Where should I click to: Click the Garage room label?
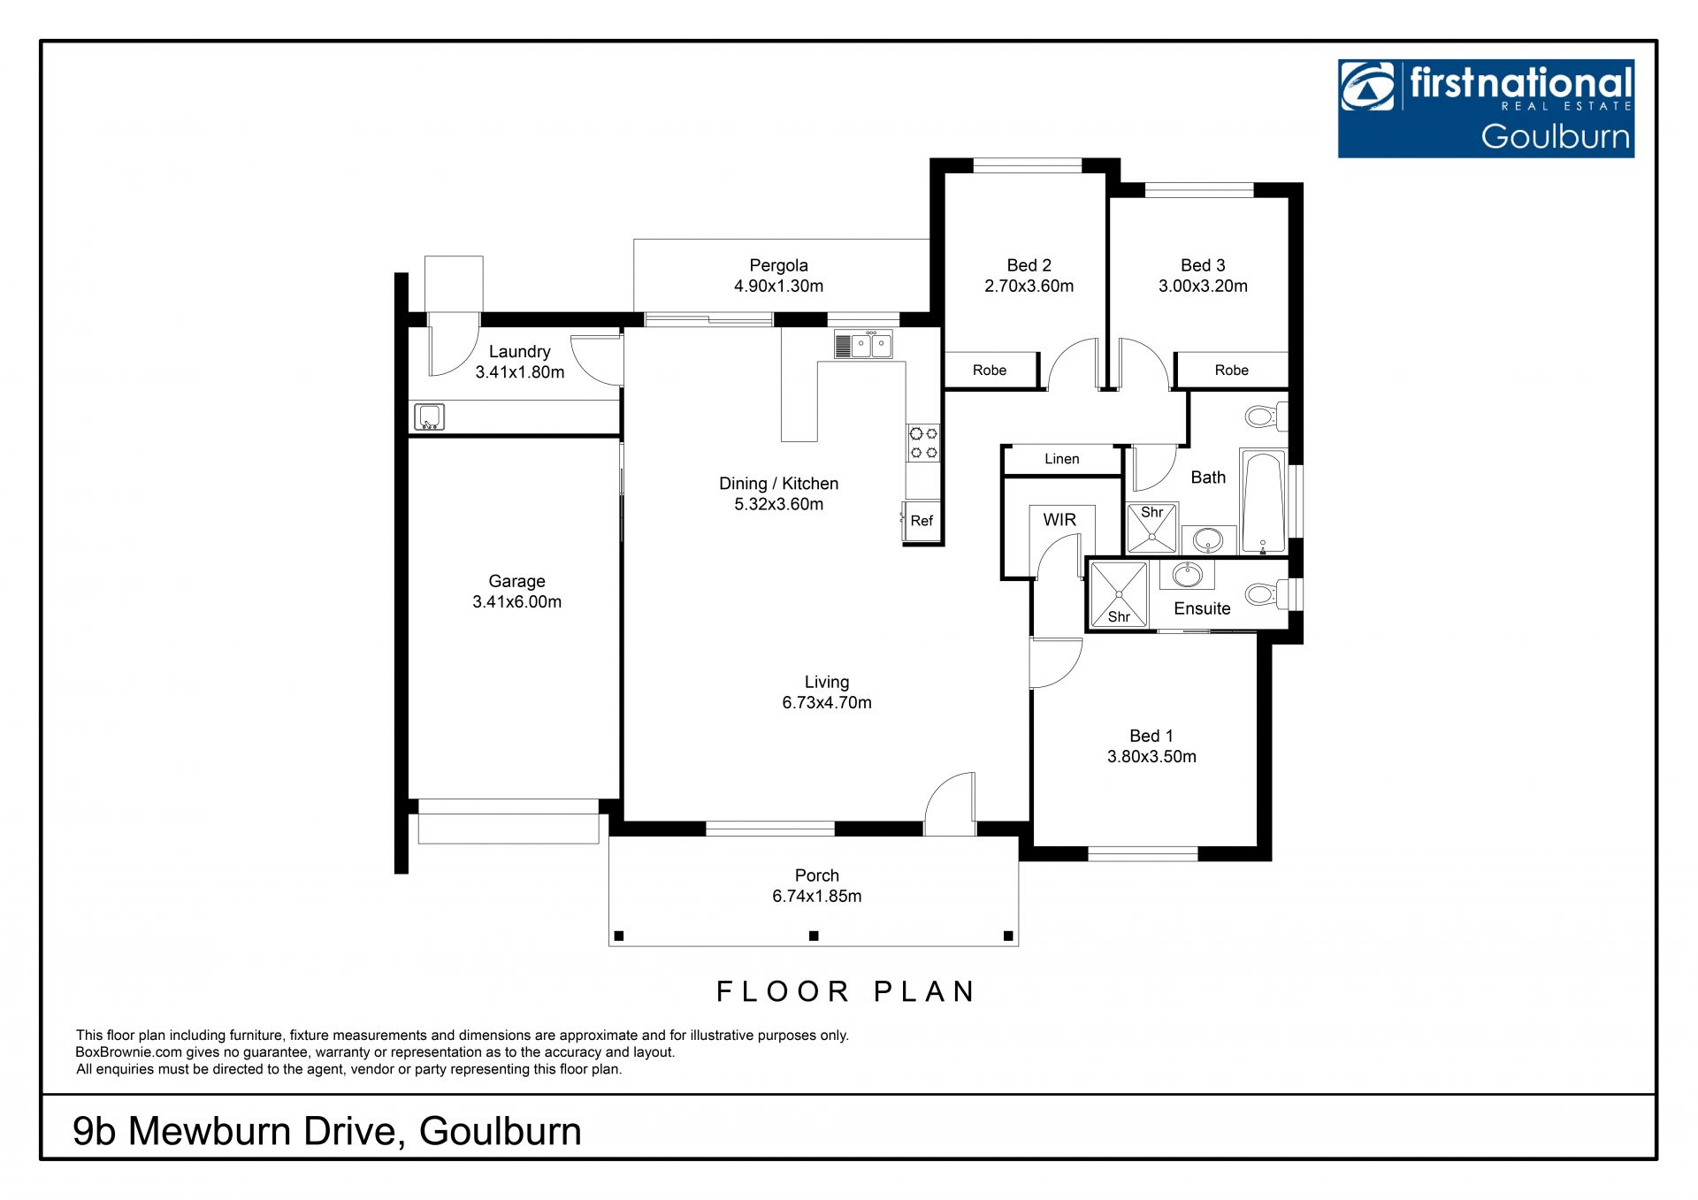point(516,581)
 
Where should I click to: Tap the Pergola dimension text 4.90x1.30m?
point(778,286)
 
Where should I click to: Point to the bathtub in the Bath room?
point(1263,502)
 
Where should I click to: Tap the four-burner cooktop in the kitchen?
point(923,443)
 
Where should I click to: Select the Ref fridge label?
point(922,521)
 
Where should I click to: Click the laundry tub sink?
point(430,417)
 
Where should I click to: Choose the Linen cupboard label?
point(1061,459)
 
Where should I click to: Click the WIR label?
point(1059,520)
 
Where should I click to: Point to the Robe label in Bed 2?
point(990,371)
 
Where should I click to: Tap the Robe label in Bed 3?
point(1231,371)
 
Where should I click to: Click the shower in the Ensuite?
point(1119,594)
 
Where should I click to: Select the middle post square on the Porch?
point(814,936)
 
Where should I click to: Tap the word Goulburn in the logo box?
point(1556,136)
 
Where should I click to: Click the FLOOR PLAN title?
point(845,991)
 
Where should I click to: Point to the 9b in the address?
point(95,1131)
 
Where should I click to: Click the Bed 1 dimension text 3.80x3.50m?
point(1151,756)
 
